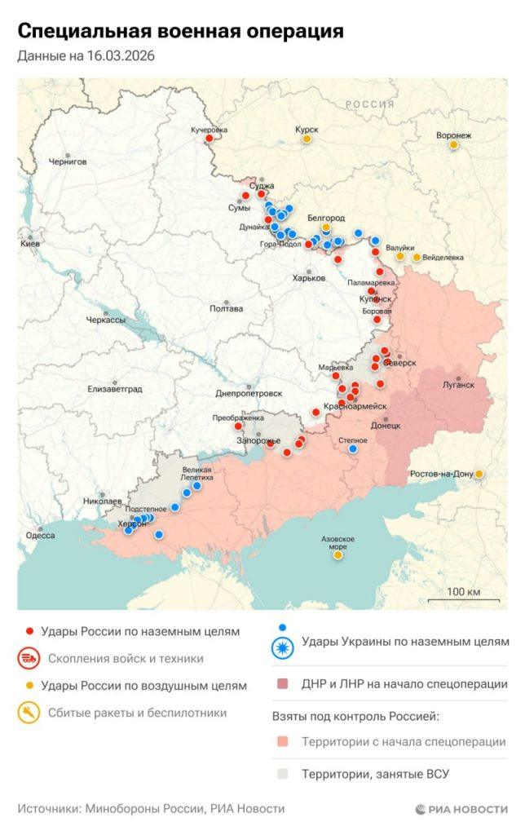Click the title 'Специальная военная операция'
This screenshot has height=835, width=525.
click(180, 31)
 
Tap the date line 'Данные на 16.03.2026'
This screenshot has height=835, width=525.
click(86, 56)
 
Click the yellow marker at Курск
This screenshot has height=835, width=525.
click(307, 139)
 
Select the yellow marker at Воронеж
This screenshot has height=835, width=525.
click(454, 145)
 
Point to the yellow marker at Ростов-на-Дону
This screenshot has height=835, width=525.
click(479, 474)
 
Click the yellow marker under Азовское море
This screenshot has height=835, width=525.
click(337, 555)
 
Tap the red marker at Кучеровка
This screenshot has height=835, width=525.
click(209, 138)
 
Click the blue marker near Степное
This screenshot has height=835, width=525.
click(353, 448)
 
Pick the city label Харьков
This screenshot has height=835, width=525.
click(308, 278)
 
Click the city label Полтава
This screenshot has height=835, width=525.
click(225, 308)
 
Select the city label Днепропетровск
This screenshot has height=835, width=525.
click(249, 392)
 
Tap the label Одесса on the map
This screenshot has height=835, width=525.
click(40, 535)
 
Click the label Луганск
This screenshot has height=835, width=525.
click(457, 384)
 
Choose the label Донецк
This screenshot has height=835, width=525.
click(385, 425)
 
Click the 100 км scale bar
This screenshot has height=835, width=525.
click(462, 596)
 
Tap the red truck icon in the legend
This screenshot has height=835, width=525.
click(30, 658)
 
